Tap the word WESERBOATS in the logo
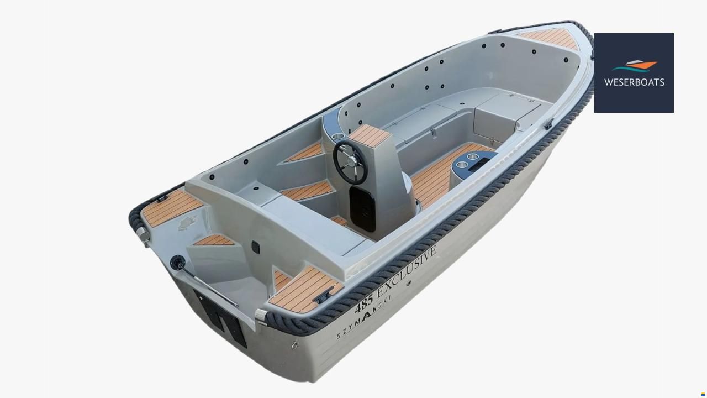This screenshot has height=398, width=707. coord(634,82)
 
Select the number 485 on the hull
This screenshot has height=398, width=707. coord(363,303)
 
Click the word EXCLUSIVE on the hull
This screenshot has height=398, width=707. coord(407,271)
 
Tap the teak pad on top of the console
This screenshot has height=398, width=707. coord(370,136)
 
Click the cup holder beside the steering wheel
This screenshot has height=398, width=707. coord(339,136)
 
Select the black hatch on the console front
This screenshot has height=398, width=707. coord(362,208)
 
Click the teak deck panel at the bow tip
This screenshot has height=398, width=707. coord(552,38)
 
